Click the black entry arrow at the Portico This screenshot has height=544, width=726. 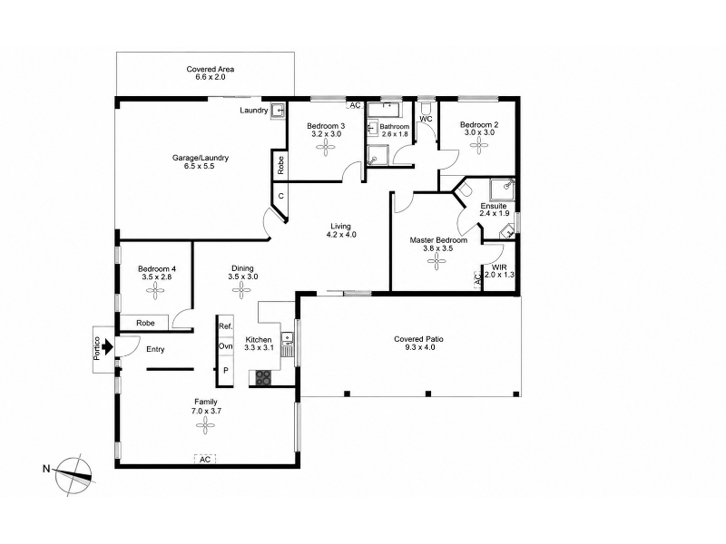(107, 346)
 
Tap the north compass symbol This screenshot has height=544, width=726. (74, 475)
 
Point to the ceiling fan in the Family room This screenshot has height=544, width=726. (205, 426)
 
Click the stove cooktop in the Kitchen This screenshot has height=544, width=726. (264, 377)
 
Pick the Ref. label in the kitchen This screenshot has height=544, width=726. (225, 326)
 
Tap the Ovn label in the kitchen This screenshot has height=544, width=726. (225, 346)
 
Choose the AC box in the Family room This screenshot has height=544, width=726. (205, 460)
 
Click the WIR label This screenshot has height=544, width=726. (499, 267)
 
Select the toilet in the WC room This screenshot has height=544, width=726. (426, 108)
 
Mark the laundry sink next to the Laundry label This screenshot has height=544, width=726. (278, 111)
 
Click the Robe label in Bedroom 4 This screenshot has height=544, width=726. (145, 323)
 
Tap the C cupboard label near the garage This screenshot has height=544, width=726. (280, 196)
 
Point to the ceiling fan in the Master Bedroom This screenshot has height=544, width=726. (437, 261)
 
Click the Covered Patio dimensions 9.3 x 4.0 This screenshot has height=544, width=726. (418, 347)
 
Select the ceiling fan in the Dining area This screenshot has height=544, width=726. (241, 290)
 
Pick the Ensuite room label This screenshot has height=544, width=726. (494, 206)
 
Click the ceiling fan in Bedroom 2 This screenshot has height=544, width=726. (479, 145)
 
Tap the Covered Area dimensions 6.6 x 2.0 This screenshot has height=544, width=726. (211, 77)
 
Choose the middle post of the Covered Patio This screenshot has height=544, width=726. (428, 394)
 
